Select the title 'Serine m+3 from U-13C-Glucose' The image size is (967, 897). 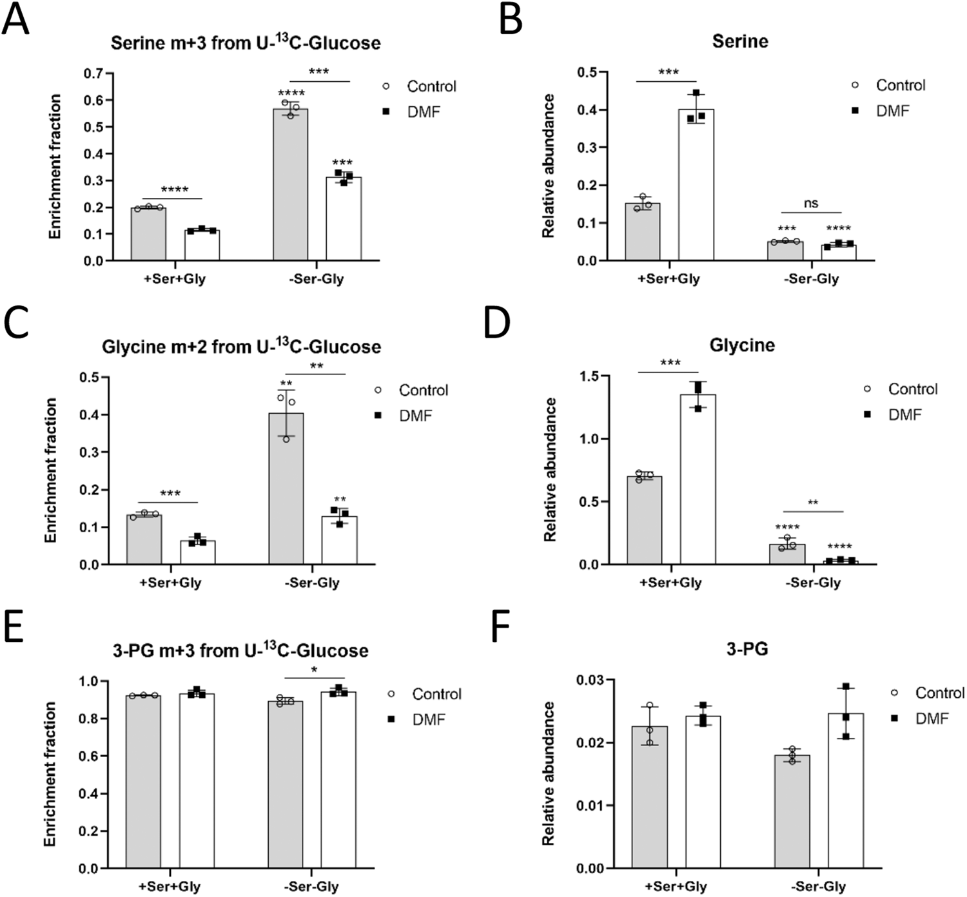[246, 43]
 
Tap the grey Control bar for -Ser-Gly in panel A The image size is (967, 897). [290, 187]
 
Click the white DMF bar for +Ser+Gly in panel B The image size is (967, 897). [696, 187]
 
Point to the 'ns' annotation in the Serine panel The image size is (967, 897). [811, 203]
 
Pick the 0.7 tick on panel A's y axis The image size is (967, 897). [93, 73]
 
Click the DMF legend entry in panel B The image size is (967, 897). [892, 111]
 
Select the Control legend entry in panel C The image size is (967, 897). [423, 390]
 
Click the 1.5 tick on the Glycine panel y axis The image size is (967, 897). [587, 376]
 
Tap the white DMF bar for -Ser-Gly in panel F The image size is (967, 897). [846, 793]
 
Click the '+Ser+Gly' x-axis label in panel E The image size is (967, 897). [170, 887]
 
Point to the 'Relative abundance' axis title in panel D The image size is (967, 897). [550, 470]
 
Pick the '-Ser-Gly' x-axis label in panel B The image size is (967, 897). [811, 279]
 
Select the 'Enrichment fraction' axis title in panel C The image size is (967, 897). [51, 470]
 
